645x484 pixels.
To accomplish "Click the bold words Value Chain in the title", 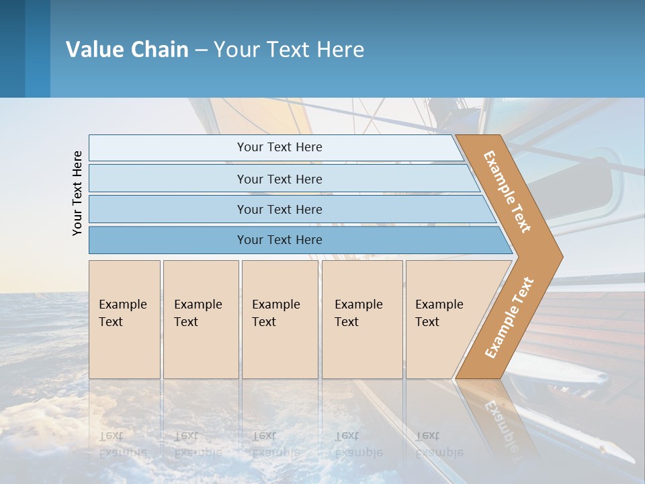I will pyautogui.click(x=127, y=50).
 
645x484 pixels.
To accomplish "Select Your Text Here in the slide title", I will pyautogui.click(x=289, y=50).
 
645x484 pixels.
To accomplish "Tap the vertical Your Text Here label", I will pyautogui.click(x=77, y=193).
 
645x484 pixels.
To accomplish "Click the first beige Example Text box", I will pyautogui.click(x=124, y=319).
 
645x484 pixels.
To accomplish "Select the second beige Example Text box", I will pyautogui.click(x=200, y=319).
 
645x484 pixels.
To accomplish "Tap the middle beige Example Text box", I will pyautogui.click(x=279, y=319).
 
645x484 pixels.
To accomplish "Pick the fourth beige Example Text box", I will pyautogui.click(x=361, y=319).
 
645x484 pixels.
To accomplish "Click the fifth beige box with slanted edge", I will pyautogui.click(x=447, y=319).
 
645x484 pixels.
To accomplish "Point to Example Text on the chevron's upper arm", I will pyautogui.click(x=508, y=192).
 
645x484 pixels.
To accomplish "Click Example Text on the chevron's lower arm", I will pyautogui.click(x=509, y=317).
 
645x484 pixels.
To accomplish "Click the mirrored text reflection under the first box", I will pyautogui.click(x=122, y=444).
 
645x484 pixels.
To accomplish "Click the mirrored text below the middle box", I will pyautogui.click(x=276, y=444).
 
